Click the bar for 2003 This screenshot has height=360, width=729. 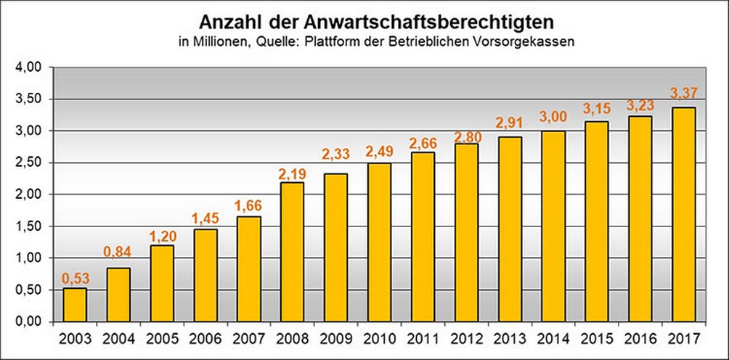click(x=75, y=305)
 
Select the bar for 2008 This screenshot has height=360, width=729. click(x=293, y=252)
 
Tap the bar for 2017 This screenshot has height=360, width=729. click(x=684, y=214)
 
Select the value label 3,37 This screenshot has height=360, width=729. click(x=684, y=94)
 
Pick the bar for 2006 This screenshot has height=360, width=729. click(x=205, y=275)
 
